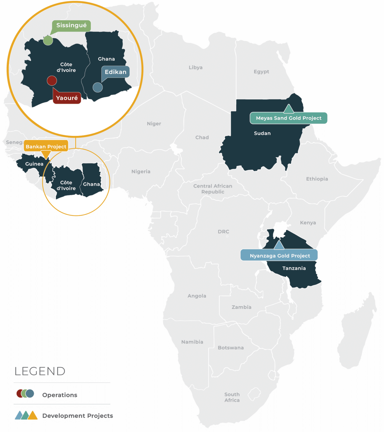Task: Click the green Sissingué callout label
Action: tap(71, 26)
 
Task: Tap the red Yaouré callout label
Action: tap(67, 98)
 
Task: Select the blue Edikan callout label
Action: tap(115, 72)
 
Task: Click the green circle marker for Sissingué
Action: tap(48, 40)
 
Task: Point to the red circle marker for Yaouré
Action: tap(52, 81)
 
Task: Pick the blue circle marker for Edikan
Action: tap(98, 87)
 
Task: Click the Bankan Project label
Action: tap(46, 146)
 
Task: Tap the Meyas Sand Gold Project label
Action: tap(288, 118)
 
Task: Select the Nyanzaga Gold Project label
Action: tap(280, 256)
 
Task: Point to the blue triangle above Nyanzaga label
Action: tap(279, 246)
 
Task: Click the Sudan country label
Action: tap(262, 133)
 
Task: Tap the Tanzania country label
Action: tap(294, 268)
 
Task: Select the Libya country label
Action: tap(196, 67)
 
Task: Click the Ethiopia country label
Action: tap(317, 179)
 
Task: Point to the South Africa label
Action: tap(232, 397)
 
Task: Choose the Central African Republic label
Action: tap(213, 189)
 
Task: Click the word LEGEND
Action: tap(40, 371)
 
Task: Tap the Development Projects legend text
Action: tap(78, 416)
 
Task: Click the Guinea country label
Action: tap(34, 164)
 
